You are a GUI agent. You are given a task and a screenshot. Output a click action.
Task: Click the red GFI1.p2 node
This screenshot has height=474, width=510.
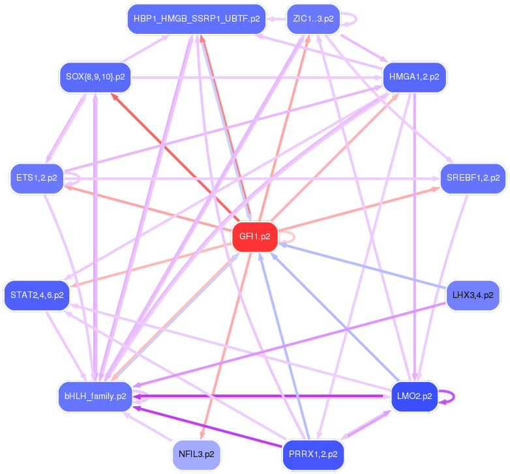[255, 237]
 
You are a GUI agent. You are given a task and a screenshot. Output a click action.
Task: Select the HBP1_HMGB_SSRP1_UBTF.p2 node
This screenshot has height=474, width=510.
[196, 18]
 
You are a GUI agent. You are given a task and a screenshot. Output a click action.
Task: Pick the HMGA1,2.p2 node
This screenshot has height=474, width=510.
[414, 77]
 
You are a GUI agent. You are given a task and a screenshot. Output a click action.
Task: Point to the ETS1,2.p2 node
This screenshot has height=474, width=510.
[37, 178]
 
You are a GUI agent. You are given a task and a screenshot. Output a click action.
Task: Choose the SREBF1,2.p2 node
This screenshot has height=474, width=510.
[473, 178]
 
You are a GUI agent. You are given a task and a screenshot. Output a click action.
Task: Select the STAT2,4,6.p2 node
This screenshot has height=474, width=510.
[37, 295]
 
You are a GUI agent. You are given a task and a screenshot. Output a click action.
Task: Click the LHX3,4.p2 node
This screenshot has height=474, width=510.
[473, 295]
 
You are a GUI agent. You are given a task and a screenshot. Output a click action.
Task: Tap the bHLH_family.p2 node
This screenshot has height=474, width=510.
[95, 396]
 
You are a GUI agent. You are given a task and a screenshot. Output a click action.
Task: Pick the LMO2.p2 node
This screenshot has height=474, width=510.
[414, 396]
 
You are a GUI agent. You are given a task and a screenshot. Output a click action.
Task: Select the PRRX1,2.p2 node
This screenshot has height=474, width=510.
[313, 452]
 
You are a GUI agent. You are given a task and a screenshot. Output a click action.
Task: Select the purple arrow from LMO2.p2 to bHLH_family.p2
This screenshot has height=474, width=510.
[261, 396]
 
